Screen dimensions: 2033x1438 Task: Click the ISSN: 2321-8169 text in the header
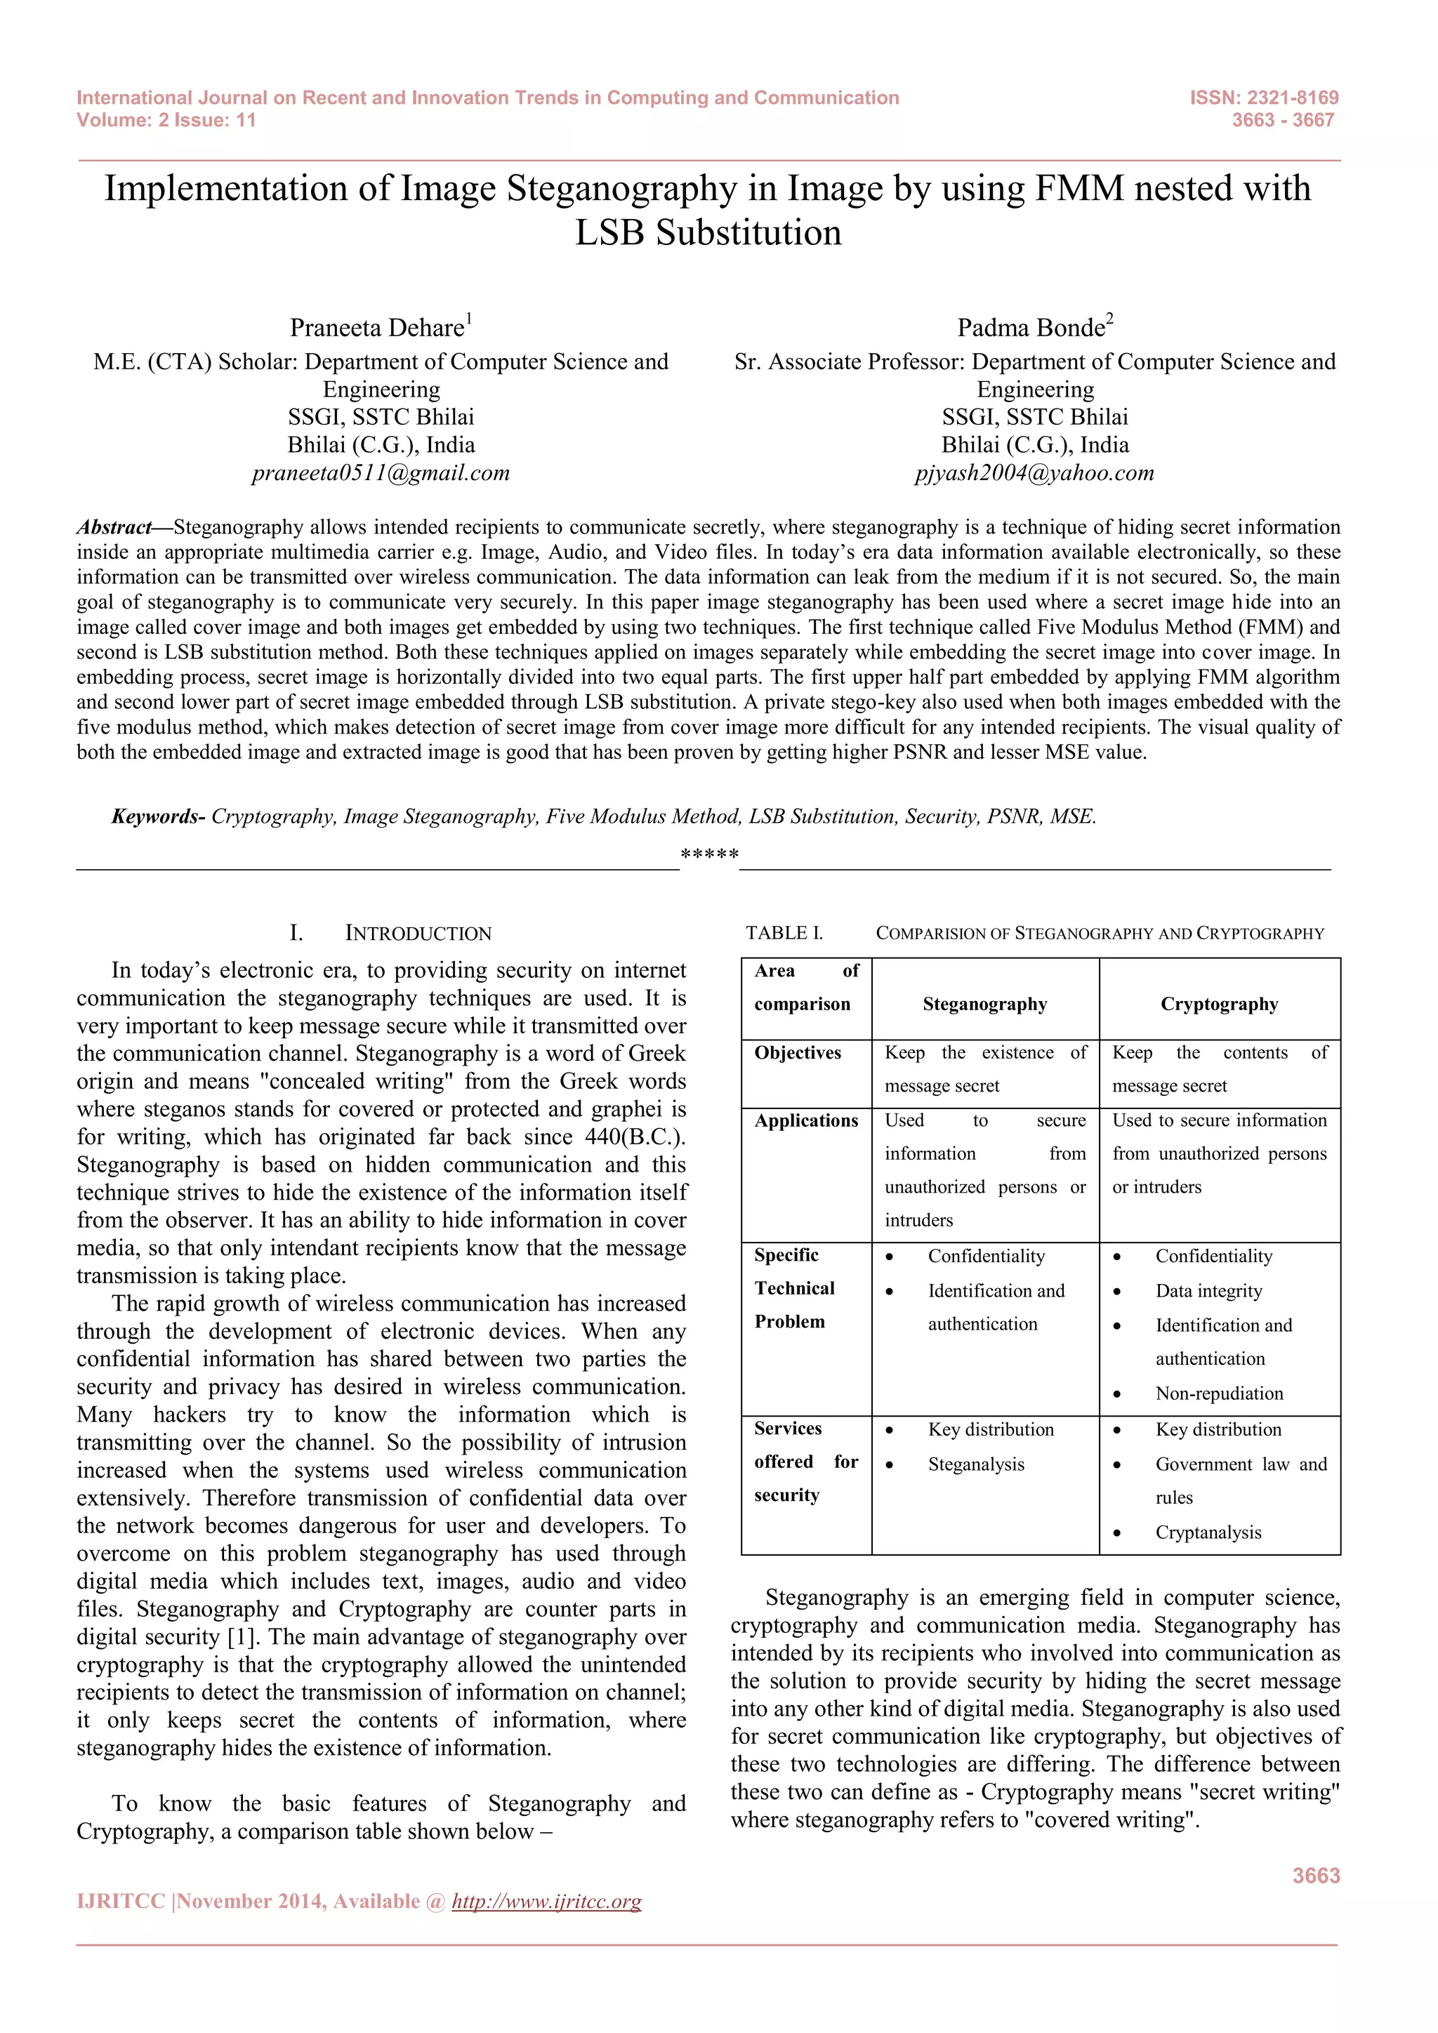[x=1264, y=98]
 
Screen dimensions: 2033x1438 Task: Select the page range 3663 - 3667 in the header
[x=1282, y=121]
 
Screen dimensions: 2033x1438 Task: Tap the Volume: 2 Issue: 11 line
[x=166, y=121]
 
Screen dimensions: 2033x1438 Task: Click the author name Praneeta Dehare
[x=377, y=329]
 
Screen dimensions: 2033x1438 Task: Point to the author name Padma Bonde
[x=1031, y=329]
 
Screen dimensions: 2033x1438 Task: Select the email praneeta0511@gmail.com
[x=381, y=473]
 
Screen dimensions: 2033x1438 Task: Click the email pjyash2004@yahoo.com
[x=1034, y=473]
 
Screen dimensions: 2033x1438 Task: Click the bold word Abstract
[x=114, y=528]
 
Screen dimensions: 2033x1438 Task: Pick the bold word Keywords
[x=157, y=816]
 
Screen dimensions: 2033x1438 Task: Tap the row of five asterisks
[x=709, y=855]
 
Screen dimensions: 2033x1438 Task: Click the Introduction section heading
[x=417, y=933]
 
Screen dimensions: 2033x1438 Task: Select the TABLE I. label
[x=784, y=933]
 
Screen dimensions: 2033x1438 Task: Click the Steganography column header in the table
[x=984, y=1004]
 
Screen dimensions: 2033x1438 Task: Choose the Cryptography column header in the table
[x=1220, y=1004]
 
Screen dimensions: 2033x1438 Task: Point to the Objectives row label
[x=797, y=1053]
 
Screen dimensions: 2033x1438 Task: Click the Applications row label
[x=806, y=1121]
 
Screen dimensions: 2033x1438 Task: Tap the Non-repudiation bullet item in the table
[x=1220, y=1393]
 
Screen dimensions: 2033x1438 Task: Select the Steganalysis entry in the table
[x=976, y=1464]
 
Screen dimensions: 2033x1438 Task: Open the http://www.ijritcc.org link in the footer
[x=546, y=1902]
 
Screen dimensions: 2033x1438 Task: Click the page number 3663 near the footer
[x=1316, y=1875]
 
